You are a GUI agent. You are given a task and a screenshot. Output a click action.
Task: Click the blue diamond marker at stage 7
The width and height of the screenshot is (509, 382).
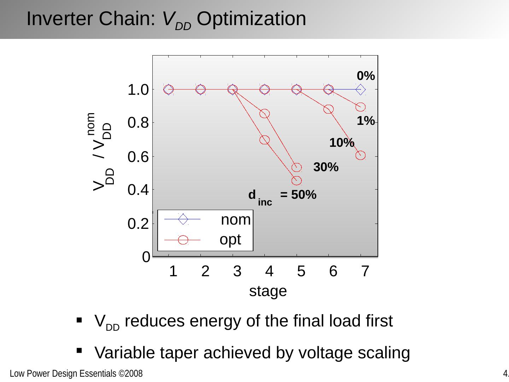tap(360, 89)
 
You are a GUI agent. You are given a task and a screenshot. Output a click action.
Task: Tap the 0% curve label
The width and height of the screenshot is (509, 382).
tap(365, 76)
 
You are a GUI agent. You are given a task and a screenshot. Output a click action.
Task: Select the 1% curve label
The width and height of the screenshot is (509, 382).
tap(365, 121)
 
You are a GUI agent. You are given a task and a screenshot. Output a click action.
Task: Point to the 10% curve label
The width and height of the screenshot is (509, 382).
tap(342, 143)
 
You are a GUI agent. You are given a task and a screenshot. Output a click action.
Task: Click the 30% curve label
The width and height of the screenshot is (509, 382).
tap(326, 167)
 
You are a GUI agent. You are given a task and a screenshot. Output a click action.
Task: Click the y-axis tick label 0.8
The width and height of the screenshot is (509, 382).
tap(138, 123)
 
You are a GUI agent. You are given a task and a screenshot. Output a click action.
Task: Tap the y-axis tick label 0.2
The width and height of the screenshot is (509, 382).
tap(138, 224)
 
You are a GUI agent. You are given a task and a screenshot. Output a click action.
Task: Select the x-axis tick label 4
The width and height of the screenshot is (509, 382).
tap(269, 272)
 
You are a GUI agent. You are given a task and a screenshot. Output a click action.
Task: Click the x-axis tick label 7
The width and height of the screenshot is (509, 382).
tap(365, 272)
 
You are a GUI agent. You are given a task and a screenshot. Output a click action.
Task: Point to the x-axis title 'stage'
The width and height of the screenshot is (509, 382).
tap(268, 291)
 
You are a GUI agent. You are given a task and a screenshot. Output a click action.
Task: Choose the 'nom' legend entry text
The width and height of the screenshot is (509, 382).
tap(236, 220)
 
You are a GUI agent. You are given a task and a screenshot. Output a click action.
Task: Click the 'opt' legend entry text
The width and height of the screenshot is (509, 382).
tap(230, 240)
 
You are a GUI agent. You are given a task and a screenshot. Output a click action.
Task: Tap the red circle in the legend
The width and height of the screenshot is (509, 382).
tap(183, 240)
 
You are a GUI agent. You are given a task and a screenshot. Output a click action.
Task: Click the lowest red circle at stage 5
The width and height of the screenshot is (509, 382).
tap(297, 181)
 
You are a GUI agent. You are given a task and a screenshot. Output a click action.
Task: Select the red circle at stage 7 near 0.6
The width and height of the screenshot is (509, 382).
tap(360, 156)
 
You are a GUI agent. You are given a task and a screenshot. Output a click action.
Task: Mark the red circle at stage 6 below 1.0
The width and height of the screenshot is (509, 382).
tap(328, 109)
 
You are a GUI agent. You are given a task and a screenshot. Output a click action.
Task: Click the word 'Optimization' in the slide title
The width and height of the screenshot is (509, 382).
tap(251, 19)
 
